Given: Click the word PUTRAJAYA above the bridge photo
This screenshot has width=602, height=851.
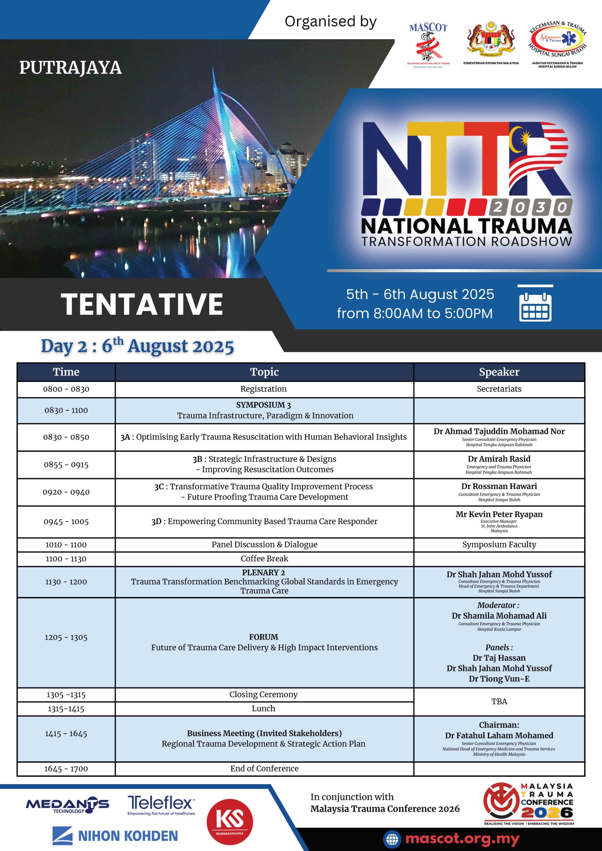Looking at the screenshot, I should coord(71,68).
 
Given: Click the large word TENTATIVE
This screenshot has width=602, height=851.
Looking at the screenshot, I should coord(142,304).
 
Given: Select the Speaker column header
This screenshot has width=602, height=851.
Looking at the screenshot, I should coord(499,372).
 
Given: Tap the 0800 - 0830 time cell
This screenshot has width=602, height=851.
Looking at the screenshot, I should coord(66,389).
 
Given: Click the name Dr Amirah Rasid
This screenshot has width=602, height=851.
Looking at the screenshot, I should coord(499,459).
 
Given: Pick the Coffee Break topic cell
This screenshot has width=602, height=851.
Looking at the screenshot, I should coord(264,558).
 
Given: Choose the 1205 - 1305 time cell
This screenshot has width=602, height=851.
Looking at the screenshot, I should coord(66,638).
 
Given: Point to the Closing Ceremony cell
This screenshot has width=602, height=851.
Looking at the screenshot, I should coord(263,694).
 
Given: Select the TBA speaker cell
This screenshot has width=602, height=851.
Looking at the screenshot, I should coord(499,702).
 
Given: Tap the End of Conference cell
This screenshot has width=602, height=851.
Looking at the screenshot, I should coord(264,769).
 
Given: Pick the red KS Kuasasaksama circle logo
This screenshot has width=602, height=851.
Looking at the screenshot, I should coord(229,821).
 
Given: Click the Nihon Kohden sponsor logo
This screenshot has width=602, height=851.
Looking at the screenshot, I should coord(115,836).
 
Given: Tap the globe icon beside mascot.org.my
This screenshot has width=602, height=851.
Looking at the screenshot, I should coord(392,839).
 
